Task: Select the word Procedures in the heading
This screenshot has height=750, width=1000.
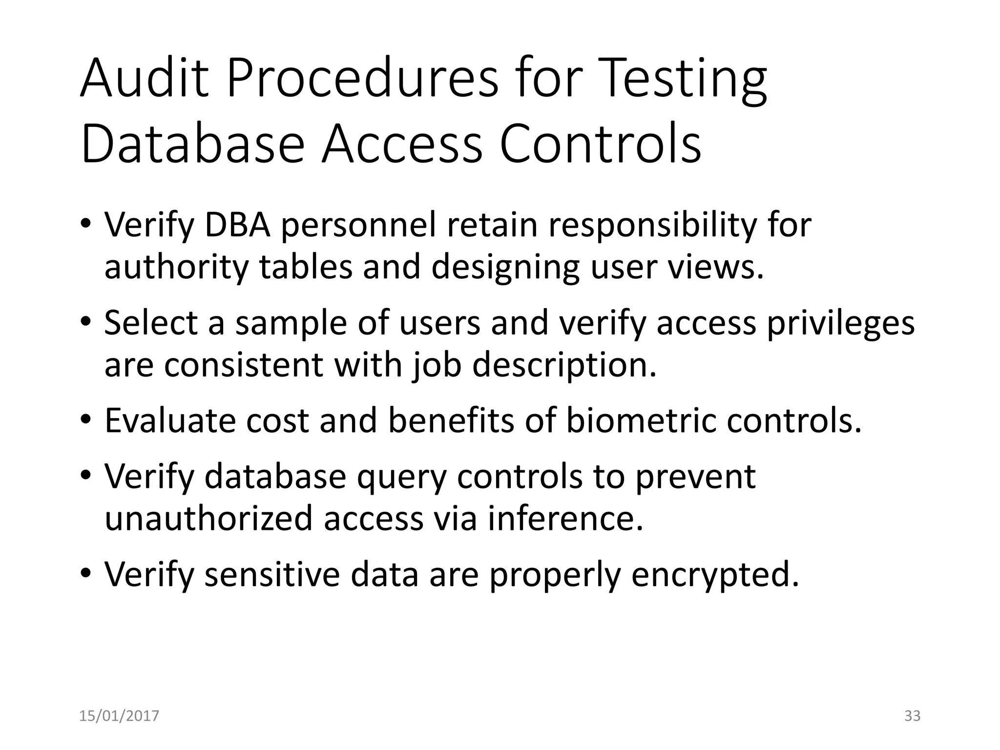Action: point(362,78)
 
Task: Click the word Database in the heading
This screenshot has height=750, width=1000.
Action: point(193,144)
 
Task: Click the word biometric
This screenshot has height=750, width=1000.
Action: point(641,420)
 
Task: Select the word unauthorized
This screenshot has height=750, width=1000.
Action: point(208,518)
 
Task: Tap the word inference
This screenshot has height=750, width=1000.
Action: point(565,518)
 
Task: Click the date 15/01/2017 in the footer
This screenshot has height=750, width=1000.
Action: point(119,716)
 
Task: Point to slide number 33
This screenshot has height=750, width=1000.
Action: point(912,716)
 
